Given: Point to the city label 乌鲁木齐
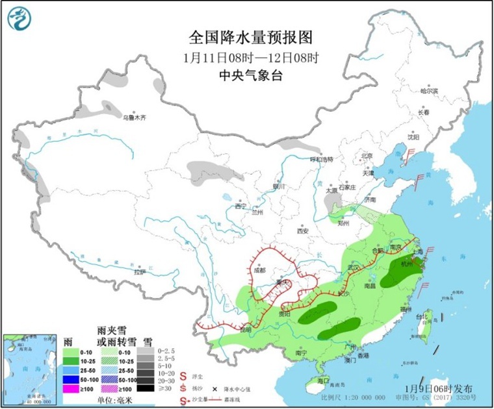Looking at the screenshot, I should [x=135, y=118].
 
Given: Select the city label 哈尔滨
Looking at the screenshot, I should [x=429, y=91].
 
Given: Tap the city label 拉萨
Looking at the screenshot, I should [x=140, y=273].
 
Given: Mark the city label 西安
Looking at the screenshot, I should [x=302, y=231].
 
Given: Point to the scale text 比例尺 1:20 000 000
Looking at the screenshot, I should [x=354, y=396].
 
